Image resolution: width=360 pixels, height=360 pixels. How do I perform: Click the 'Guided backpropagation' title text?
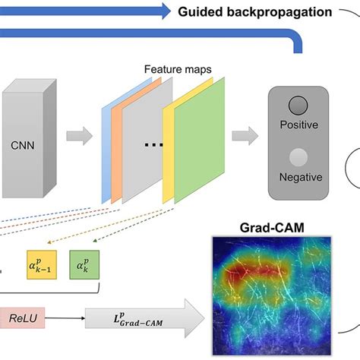257,12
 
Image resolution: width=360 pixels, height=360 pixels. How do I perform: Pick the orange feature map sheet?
116,152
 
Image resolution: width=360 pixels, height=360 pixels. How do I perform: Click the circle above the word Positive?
298,106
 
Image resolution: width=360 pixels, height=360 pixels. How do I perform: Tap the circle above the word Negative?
298,157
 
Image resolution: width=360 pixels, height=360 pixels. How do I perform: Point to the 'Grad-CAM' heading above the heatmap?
267,227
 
